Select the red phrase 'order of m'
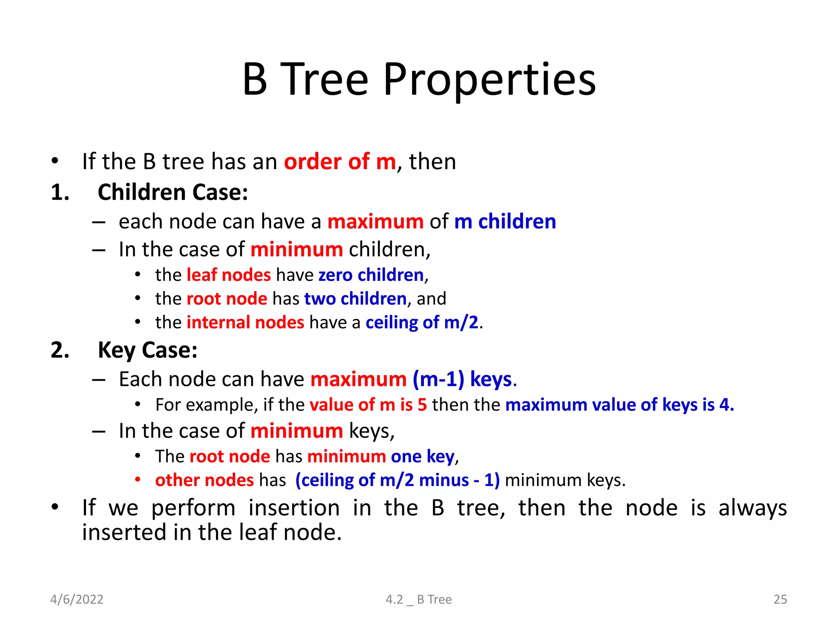[340, 161]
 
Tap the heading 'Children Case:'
[173, 192]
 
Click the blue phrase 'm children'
[505, 222]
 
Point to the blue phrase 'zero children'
[371, 275]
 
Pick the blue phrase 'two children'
[355, 299]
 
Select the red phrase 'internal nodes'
[245, 323]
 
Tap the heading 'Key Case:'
[147, 350]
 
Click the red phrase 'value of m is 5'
[368, 405]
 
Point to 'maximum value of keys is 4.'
[619, 405]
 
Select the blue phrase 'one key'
[422, 456]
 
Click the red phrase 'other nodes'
[204, 480]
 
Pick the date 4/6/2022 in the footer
[77, 599]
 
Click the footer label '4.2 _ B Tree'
[419, 599]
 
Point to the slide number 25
[780, 599]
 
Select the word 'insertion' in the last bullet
[294, 508]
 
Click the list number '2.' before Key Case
[60, 350]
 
